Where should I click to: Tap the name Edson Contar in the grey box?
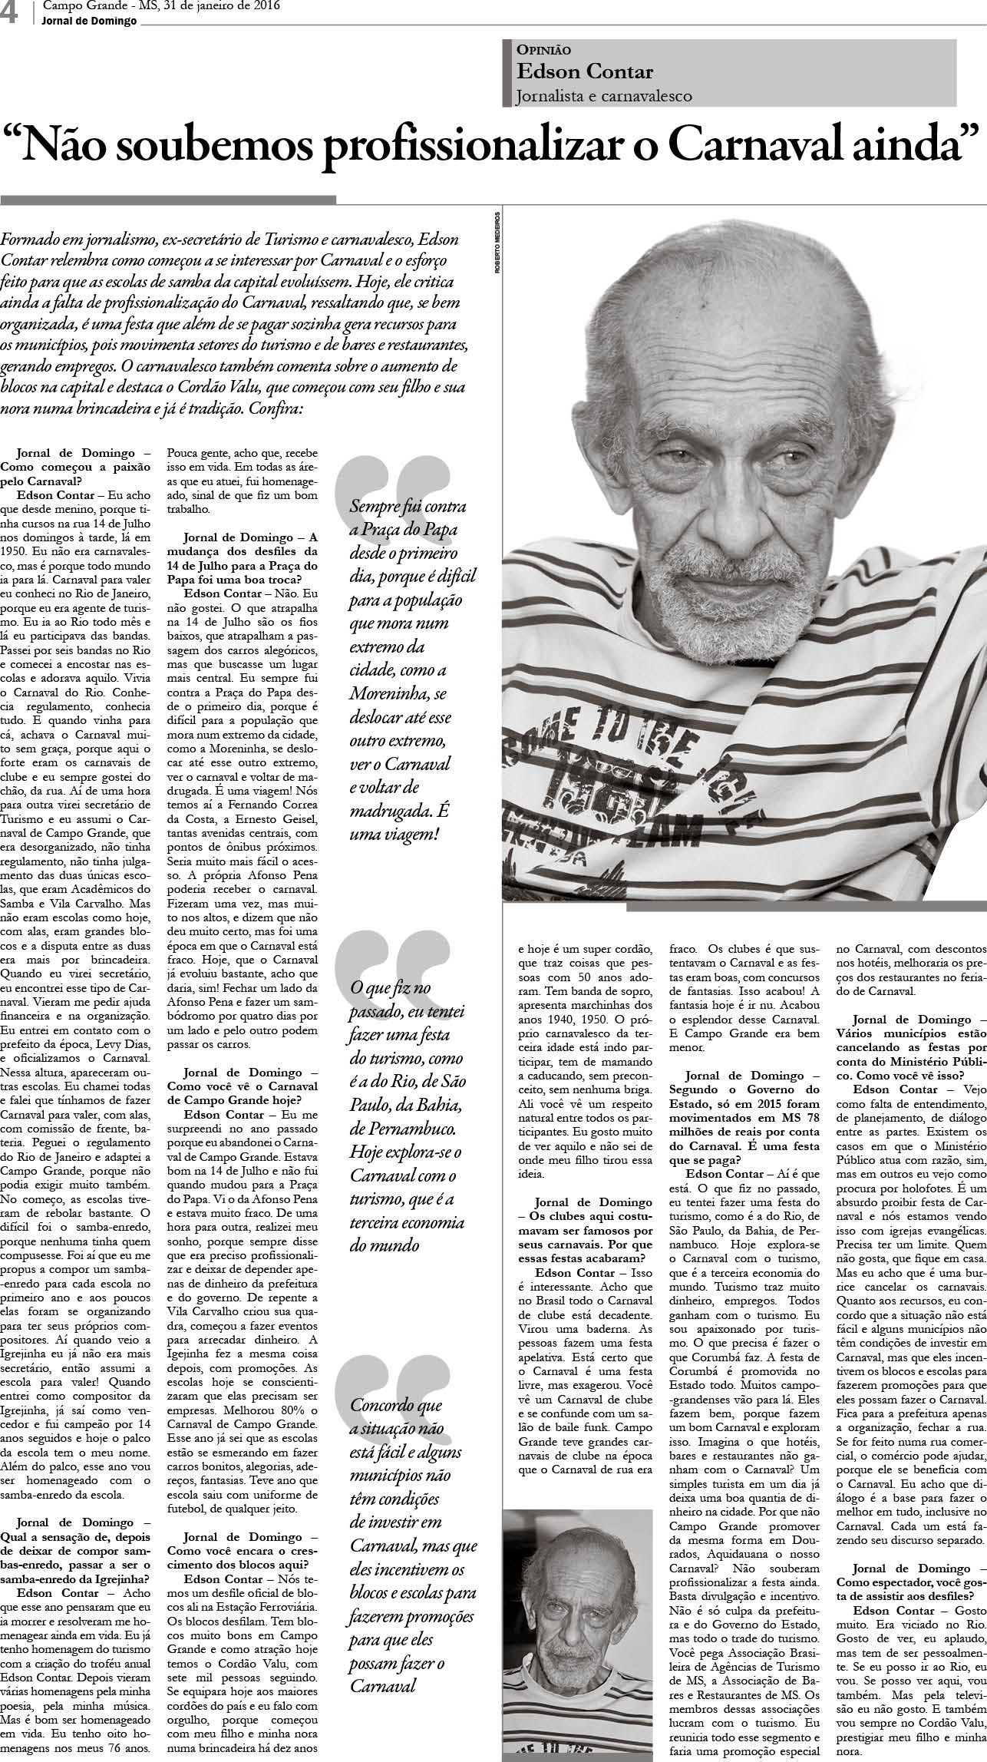point(585,72)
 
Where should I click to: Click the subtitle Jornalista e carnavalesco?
point(604,96)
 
